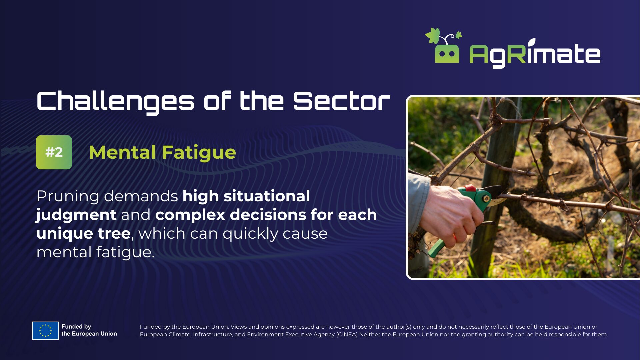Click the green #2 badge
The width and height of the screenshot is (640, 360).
(x=54, y=152)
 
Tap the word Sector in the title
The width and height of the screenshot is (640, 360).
(x=342, y=101)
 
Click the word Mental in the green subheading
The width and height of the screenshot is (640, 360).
(x=122, y=152)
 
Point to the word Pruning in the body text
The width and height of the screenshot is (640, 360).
(x=68, y=197)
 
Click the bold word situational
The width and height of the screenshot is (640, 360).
(x=267, y=196)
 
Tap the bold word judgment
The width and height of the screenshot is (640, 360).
(x=76, y=215)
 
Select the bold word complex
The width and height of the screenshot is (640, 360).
(x=190, y=215)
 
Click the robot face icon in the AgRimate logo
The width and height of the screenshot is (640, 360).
(x=447, y=53)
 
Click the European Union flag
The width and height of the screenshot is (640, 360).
(x=45, y=331)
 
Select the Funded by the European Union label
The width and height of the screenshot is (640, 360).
(x=89, y=330)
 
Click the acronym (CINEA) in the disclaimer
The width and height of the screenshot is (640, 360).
(x=347, y=334)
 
